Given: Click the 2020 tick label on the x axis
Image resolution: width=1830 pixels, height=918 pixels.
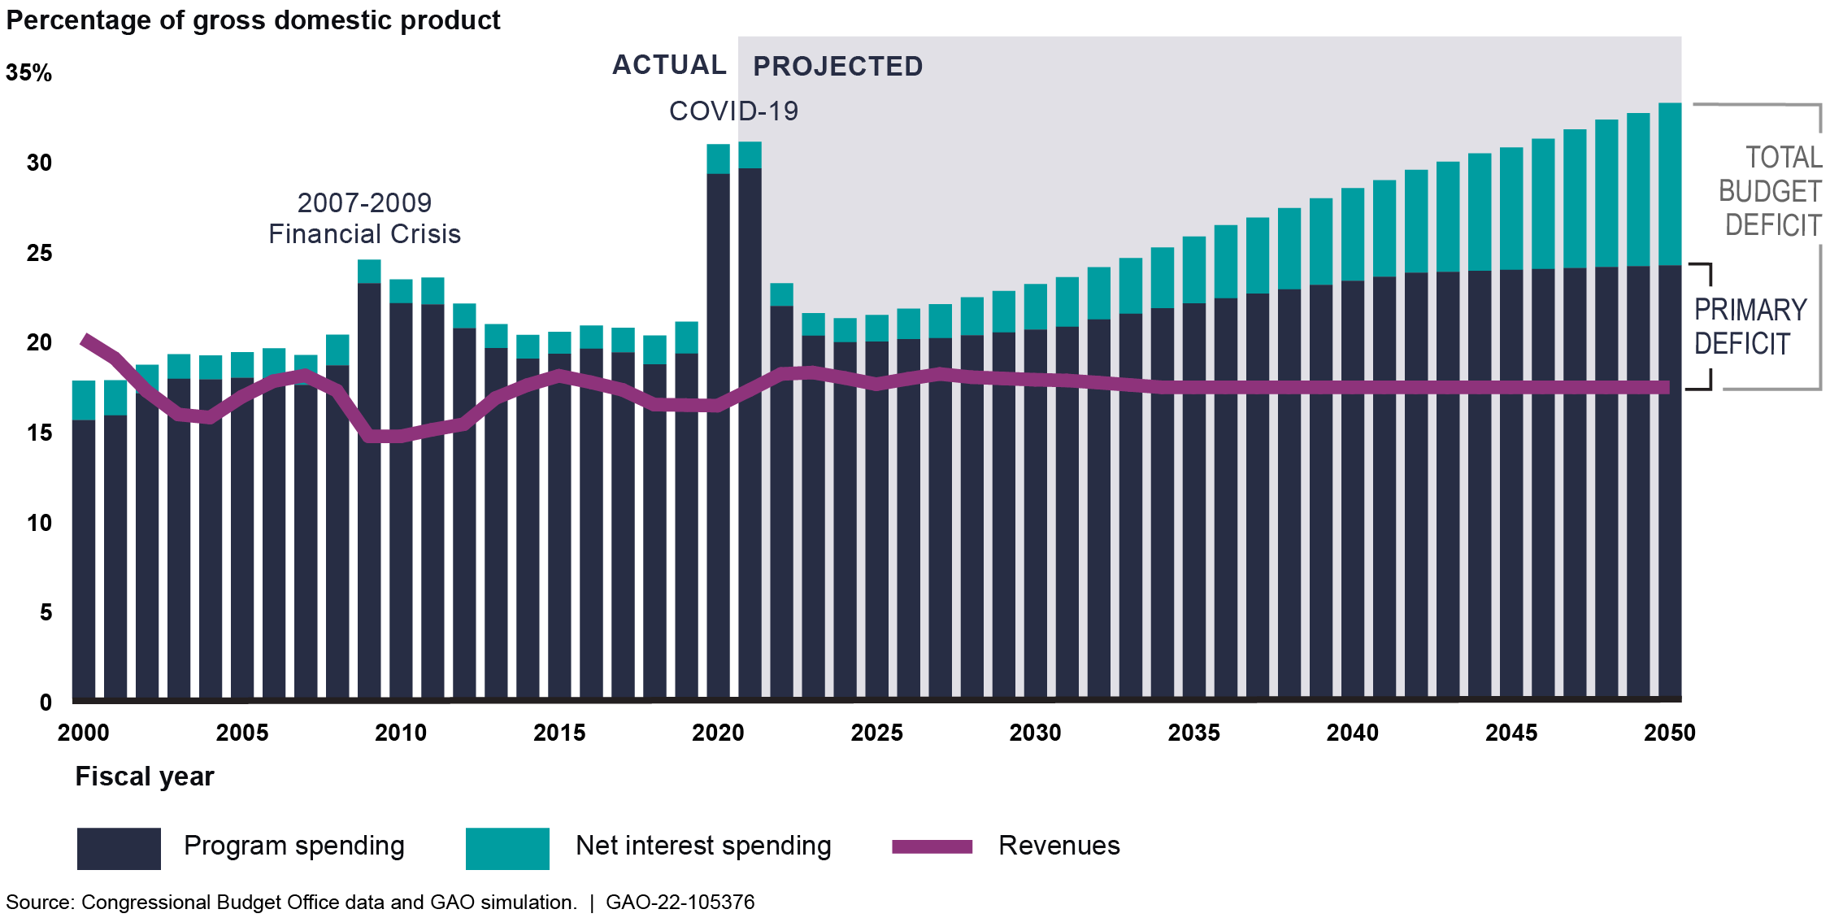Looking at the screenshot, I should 718,733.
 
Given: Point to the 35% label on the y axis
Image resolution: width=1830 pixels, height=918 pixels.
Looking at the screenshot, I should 28,73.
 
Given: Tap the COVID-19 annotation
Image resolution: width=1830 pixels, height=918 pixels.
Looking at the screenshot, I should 733,111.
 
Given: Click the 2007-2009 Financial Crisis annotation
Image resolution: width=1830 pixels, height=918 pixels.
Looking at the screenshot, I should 364,219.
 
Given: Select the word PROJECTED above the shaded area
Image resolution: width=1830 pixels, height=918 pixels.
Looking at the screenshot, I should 837,67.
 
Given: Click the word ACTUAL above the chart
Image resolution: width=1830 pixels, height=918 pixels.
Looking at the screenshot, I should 669,65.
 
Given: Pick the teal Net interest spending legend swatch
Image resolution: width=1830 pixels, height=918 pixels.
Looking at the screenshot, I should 507,848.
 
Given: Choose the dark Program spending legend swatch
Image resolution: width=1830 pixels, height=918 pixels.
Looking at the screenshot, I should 119,848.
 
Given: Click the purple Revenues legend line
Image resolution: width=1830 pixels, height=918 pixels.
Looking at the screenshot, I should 932,846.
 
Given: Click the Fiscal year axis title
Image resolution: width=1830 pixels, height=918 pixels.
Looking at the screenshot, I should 145,777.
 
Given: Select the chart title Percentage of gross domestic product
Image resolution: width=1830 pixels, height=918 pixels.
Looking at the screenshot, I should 253,20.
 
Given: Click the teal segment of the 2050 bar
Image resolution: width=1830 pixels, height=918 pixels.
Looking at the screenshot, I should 1669,185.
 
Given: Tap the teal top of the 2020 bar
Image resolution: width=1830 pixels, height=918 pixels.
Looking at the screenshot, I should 718,159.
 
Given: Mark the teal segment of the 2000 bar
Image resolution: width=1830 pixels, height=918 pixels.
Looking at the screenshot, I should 84,400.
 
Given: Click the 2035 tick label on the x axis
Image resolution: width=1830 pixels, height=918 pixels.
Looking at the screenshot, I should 1193,733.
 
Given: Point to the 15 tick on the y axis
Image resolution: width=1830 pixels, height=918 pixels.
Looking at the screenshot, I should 39,433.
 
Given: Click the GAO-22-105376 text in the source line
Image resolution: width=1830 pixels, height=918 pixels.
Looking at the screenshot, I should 680,903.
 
